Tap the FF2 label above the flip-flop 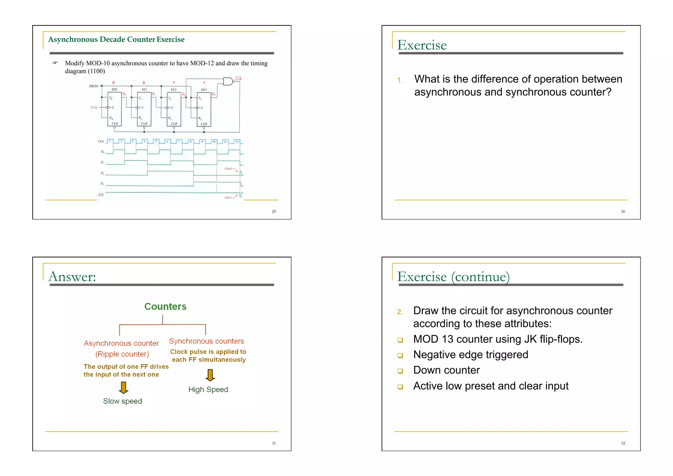(x=174, y=90)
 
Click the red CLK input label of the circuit (x=94, y=107)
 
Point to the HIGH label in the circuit (x=93, y=86)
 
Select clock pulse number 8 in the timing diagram (x=191, y=141)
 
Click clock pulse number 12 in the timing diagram (x=237, y=142)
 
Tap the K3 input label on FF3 (x=200, y=118)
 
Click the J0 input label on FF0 (x=111, y=98)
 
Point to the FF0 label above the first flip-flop (x=114, y=89)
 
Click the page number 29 (x=274, y=212)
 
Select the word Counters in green (x=165, y=306)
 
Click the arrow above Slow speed (x=124, y=388)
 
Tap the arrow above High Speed (x=210, y=375)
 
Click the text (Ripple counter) (x=122, y=354)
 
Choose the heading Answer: (x=72, y=276)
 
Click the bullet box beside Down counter (x=400, y=371)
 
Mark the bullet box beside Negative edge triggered (x=400, y=355)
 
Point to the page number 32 (x=623, y=443)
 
